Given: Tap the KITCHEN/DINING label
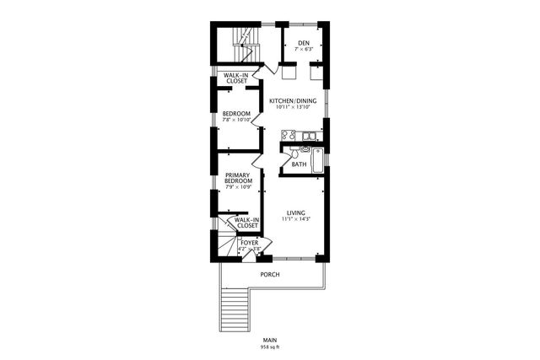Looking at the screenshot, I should (x=293, y=100).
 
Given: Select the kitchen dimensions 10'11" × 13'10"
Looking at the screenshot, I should (x=293, y=107).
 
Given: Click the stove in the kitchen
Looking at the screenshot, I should (x=289, y=135).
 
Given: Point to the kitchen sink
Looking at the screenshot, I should (x=310, y=135).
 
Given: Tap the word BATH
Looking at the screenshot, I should (x=299, y=164).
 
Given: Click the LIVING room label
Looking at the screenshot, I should (x=295, y=212).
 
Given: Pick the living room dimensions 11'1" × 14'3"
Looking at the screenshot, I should (x=295, y=219).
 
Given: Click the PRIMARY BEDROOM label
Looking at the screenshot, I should (x=238, y=178).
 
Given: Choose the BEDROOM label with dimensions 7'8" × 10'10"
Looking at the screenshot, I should (x=236, y=114).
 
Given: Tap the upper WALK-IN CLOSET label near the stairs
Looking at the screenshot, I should (x=235, y=78).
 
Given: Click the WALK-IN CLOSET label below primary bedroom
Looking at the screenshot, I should (x=246, y=223).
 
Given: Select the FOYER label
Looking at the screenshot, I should (x=249, y=243).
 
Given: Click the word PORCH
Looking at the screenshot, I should (x=269, y=275).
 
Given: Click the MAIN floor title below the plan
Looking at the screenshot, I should (x=269, y=340).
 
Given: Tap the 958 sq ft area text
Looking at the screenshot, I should (x=269, y=347).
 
